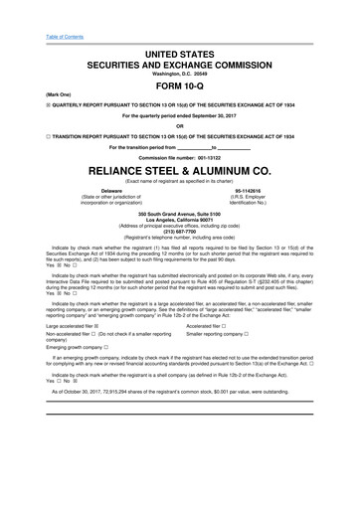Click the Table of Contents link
pos(33,10)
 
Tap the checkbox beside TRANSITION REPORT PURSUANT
pos(21,136)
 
